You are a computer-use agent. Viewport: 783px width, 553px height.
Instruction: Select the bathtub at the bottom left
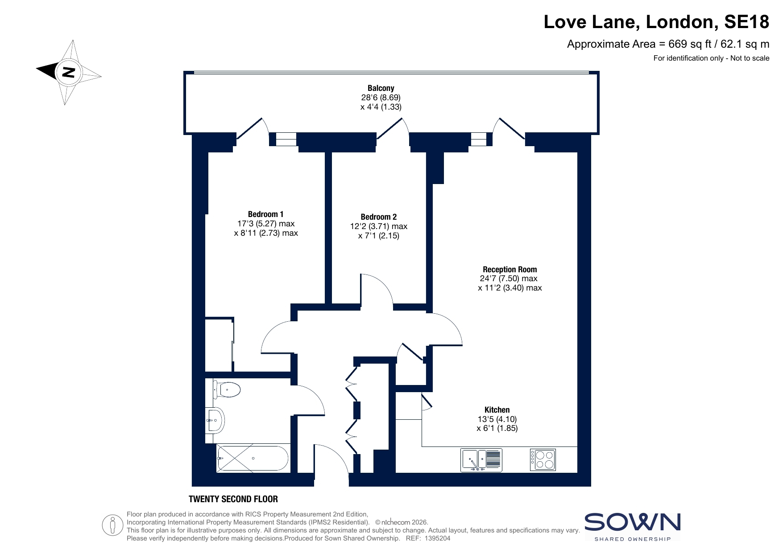253,458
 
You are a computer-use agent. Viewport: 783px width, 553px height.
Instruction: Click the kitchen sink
481,460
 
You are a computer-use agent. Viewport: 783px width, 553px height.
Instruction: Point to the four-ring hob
543,460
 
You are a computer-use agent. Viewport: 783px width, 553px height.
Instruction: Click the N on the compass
68,72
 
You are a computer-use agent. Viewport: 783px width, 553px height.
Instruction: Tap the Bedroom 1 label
266,214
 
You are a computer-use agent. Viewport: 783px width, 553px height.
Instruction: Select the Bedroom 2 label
379,217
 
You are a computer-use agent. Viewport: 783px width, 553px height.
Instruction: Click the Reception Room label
510,270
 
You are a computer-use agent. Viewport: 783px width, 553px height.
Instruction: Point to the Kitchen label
497,410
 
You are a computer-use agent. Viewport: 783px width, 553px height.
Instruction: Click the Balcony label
381,88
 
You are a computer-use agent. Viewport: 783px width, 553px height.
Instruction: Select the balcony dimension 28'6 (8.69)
381,98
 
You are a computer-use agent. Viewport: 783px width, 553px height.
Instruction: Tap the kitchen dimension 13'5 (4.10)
497,419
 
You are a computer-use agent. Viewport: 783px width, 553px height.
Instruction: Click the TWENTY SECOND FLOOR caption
233,499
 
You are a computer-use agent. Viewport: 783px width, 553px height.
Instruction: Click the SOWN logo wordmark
633,522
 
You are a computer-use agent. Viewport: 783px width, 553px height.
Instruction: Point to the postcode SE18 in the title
747,22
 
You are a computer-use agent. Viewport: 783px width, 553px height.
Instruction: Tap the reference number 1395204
437,538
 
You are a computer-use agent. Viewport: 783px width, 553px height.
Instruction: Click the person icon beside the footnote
112,525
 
